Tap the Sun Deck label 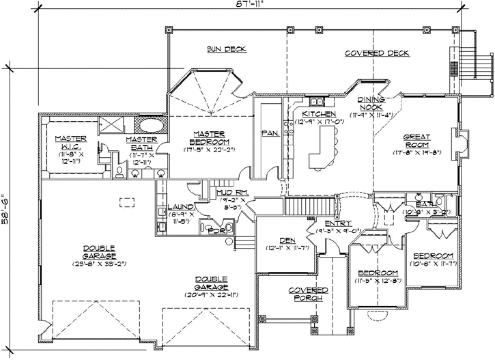[x=226, y=49]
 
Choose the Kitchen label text [x=319, y=113]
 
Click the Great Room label [x=416, y=140]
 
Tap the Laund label [x=181, y=206]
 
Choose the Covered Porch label [x=309, y=294]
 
